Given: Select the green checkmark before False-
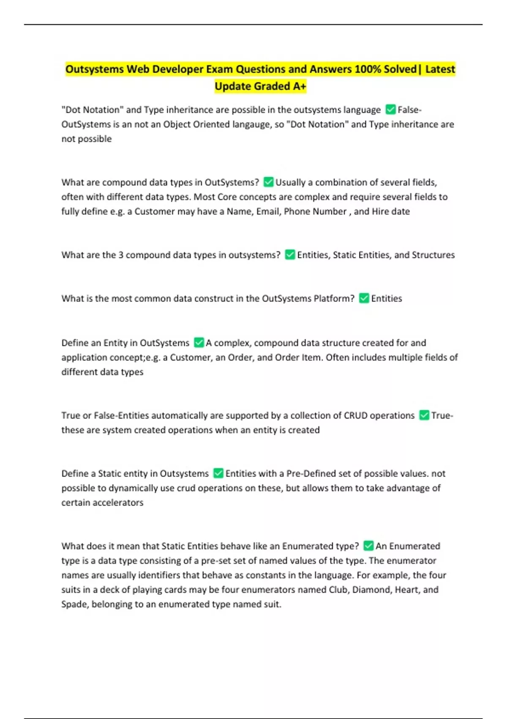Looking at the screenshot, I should [391, 110].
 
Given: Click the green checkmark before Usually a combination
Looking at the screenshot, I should [268, 182].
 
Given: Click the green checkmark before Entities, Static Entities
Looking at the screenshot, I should [290, 255].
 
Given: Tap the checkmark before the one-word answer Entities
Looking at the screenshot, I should [364, 298].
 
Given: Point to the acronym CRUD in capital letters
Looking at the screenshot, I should [355, 415].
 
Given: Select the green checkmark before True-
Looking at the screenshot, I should [424, 415].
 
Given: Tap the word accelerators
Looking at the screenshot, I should [118, 502].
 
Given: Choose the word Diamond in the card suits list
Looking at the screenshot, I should [371, 590].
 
